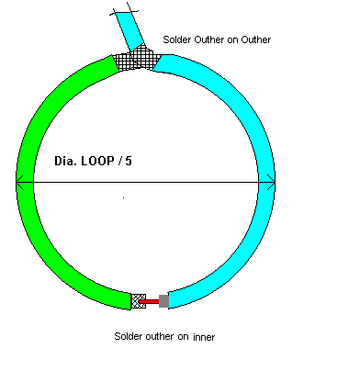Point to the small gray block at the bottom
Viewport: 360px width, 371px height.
tap(164, 300)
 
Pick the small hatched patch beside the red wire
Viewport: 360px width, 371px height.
tap(139, 300)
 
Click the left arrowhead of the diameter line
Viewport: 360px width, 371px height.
tap(20, 183)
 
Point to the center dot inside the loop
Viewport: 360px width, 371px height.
tap(123, 197)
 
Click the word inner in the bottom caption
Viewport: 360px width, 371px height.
tap(203, 338)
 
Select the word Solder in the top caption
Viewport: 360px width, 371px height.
tap(176, 39)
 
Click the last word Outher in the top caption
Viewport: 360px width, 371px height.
tap(254, 39)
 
